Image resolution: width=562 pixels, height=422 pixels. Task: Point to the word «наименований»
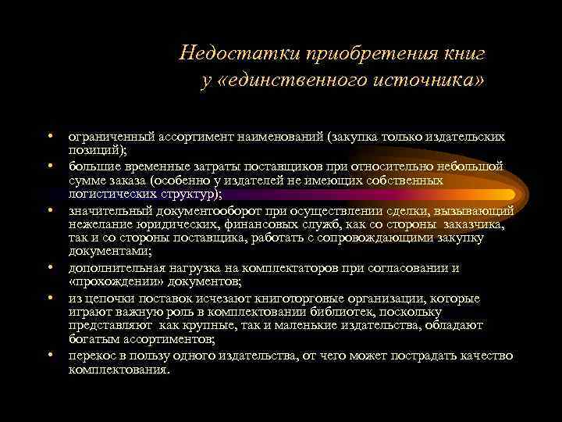pos(266,137)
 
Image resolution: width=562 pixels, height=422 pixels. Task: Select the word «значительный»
pos(105,211)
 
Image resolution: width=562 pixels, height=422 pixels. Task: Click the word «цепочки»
pos(114,299)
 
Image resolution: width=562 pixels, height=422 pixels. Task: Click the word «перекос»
pos(92,356)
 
